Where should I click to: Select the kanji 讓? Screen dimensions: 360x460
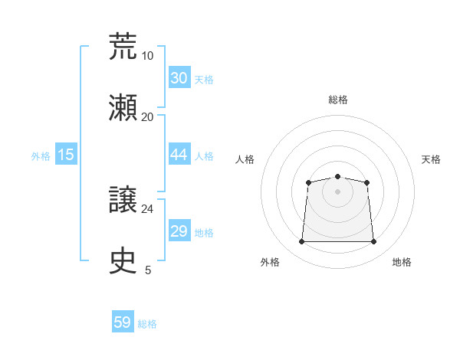point(123,200)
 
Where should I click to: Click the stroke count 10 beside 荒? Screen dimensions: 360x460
point(147,55)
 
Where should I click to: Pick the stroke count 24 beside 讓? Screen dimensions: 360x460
point(147,208)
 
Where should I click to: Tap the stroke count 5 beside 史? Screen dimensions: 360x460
point(148,270)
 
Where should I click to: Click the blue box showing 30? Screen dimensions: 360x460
point(179,77)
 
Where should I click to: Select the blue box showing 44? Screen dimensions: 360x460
point(179,154)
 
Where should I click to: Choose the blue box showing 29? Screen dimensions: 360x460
point(179,231)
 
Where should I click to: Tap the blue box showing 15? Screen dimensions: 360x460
point(66,155)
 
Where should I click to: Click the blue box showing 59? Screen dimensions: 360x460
point(122,322)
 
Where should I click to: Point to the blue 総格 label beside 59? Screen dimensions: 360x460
point(147,324)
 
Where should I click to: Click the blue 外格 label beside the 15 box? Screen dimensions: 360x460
point(41,156)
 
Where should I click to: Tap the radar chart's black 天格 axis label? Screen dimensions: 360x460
point(431,159)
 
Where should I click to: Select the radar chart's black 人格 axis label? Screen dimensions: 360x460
point(245,159)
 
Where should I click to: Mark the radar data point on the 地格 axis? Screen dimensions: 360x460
point(374,242)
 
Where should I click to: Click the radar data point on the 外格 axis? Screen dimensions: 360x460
point(301,242)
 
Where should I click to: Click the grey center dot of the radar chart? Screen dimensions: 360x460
point(338,191)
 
